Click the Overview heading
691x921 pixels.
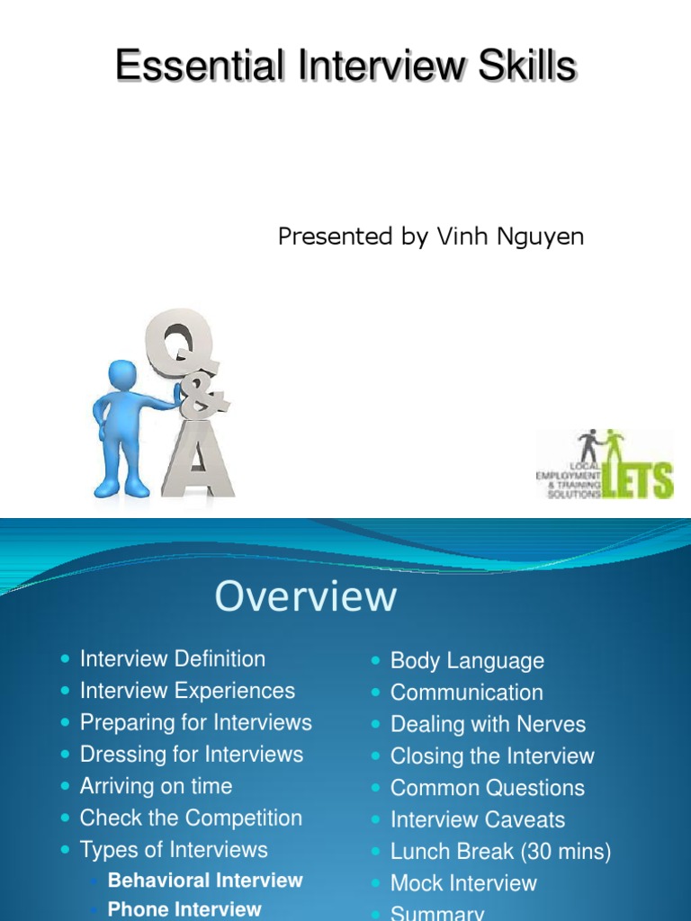pyautogui.click(x=305, y=596)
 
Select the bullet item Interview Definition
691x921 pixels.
pyautogui.click(x=173, y=659)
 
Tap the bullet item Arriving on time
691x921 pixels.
pyautogui.click(x=156, y=786)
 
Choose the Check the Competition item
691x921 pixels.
pyautogui.click(x=191, y=818)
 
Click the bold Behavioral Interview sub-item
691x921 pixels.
pyautogui.click(x=205, y=881)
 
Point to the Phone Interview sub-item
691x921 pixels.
pyautogui.click(x=184, y=909)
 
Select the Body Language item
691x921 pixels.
pyautogui.click(x=467, y=661)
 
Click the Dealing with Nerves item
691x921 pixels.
pyautogui.click(x=488, y=725)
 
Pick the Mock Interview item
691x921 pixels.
pyautogui.click(x=463, y=883)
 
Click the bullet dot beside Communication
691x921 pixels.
pyautogui.click(x=377, y=693)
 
